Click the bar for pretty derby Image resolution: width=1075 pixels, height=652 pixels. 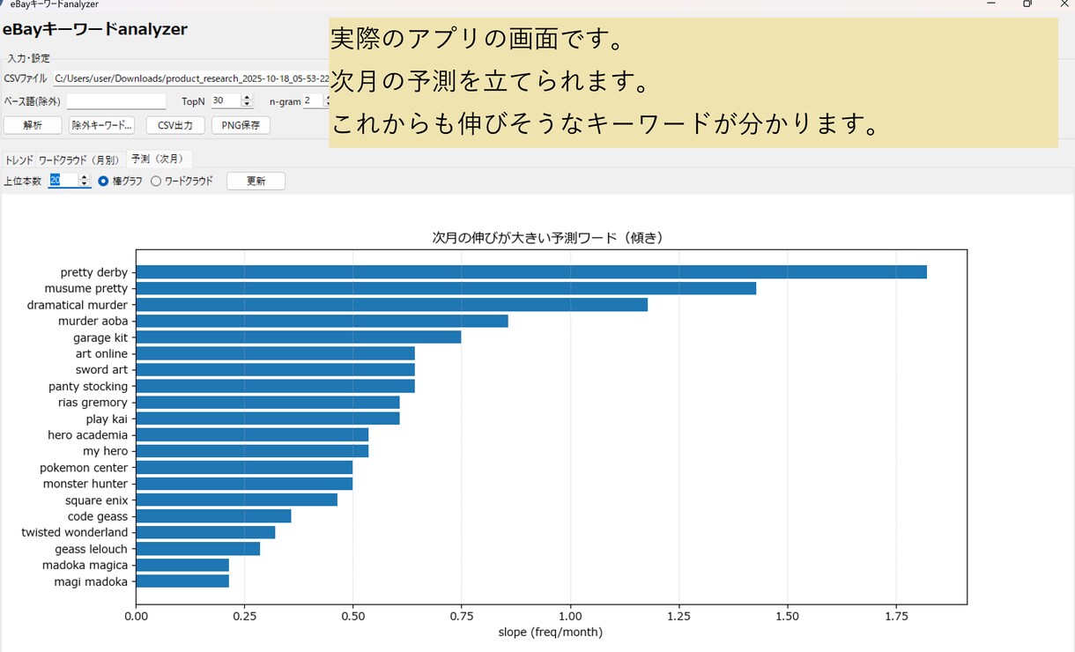coord(531,272)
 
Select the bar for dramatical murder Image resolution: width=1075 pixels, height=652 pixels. coord(391,305)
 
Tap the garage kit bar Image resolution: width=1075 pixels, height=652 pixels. coord(299,337)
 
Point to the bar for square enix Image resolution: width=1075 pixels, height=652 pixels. coord(237,500)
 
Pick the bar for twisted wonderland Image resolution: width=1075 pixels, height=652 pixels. coord(205,532)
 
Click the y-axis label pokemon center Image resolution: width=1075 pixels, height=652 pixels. coord(84,468)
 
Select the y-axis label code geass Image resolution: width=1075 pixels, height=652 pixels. coord(98,516)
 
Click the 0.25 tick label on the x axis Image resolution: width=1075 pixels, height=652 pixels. coord(244,617)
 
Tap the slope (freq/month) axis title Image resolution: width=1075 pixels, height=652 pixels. coord(550,633)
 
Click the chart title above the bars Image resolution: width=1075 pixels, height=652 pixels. coord(547,238)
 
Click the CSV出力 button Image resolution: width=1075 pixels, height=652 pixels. coord(175,126)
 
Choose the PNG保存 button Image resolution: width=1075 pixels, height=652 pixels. coord(241,126)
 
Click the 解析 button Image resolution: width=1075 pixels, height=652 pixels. coord(33,126)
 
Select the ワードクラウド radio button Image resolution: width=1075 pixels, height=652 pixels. coord(156,182)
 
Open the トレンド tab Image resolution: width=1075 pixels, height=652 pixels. coord(19,159)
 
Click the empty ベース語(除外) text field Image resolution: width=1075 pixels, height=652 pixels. coord(116,101)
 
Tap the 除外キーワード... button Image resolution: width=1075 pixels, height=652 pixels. coord(101,126)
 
